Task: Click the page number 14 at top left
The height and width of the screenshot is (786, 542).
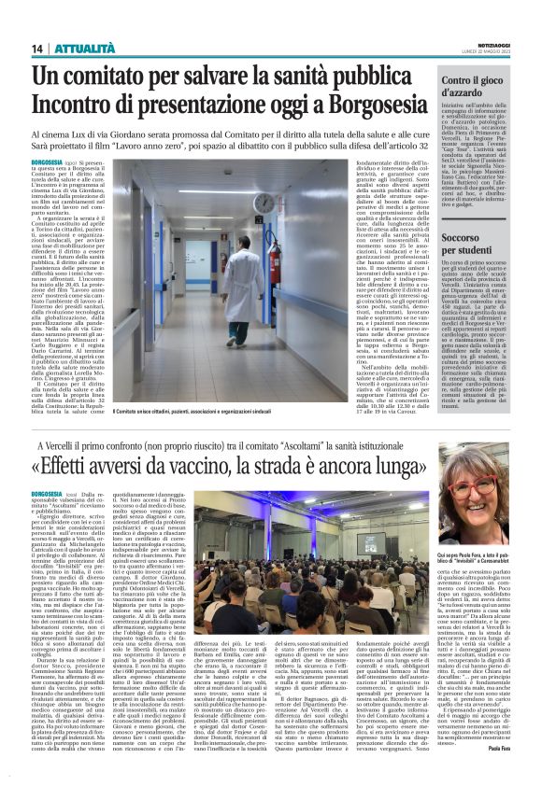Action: tap(38, 49)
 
